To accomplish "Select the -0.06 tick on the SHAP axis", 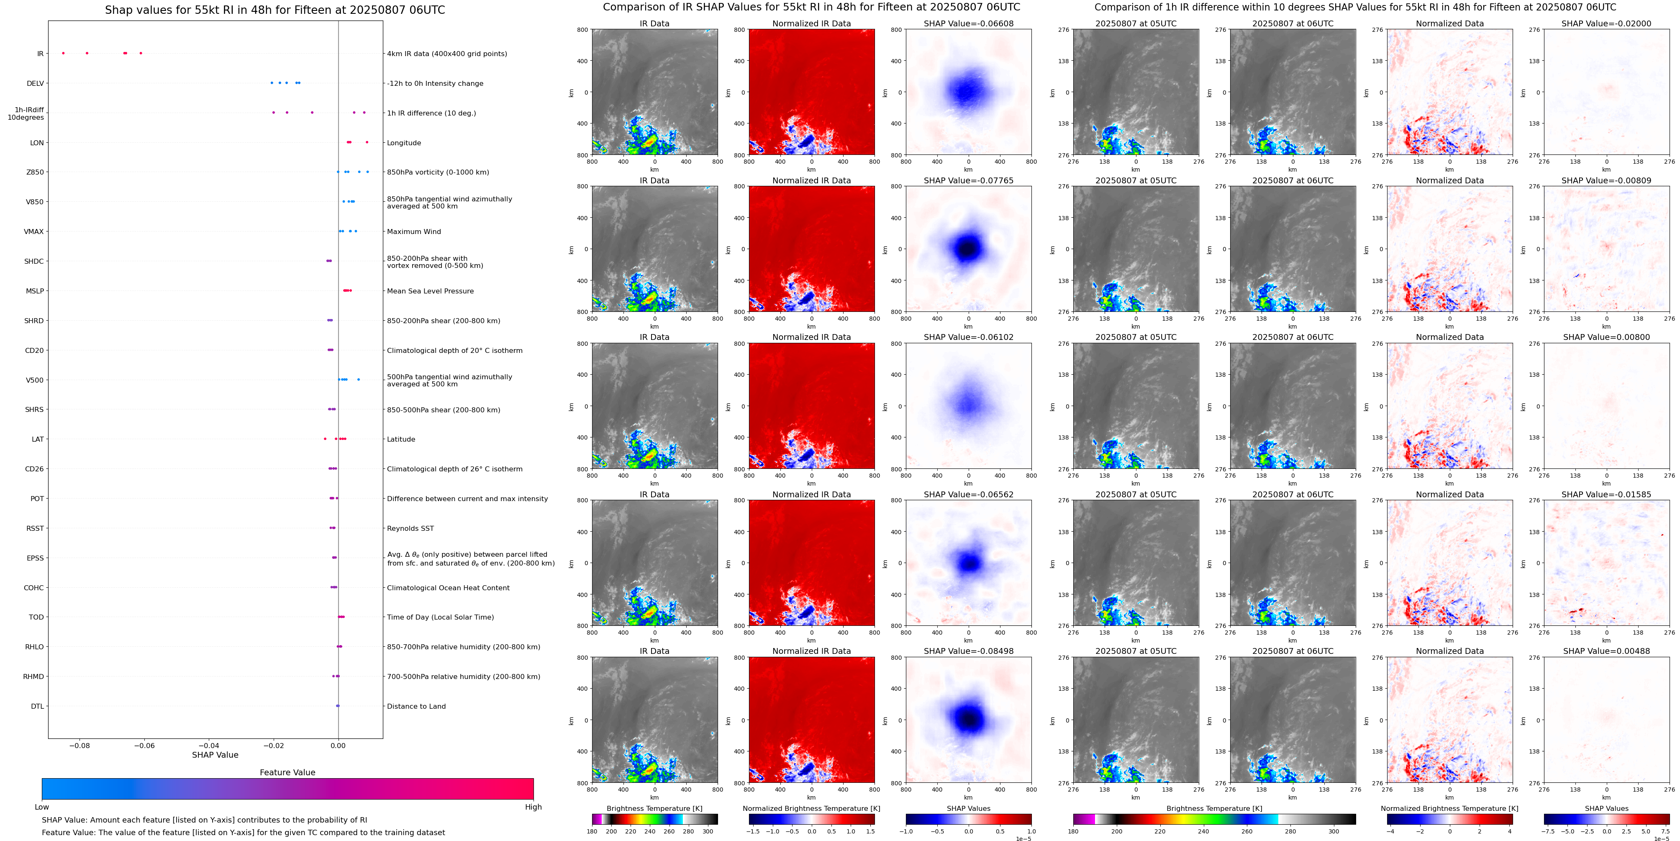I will (144, 746).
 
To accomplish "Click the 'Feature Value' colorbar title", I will (287, 772).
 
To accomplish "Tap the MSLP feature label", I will (35, 291).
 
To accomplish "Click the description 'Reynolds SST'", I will (410, 528).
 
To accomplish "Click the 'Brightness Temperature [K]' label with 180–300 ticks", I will (654, 808).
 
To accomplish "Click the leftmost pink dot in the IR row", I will (63, 53).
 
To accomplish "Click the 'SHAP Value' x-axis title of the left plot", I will (215, 755).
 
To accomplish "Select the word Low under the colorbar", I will (42, 807).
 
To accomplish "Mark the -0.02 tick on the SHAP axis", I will (273, 746).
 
